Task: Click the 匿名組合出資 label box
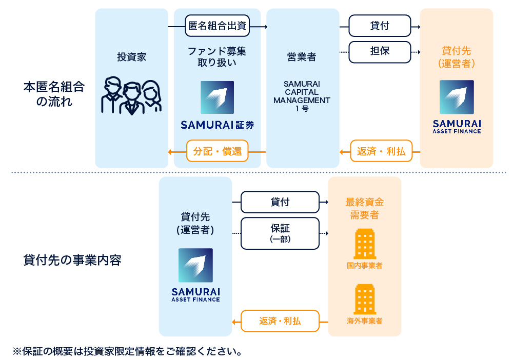[218, 26]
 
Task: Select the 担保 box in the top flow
[380, 52]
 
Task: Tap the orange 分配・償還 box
[218, 151]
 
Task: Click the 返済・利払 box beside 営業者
[381, 151]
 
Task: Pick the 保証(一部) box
[280, 233]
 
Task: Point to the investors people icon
[131, 95]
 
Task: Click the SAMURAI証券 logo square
[217, 97]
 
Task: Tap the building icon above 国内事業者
[365, 244]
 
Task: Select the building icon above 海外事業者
[365, 299]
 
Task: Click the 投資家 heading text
[131, 57]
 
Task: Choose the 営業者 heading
[302, 57]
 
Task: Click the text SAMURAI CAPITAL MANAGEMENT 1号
[302, 96]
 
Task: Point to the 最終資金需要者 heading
[364, 209]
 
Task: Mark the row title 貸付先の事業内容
[72, 260]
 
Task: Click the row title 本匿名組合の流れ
[54, 93]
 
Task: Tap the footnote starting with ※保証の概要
[127, 351]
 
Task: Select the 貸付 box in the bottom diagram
[280, 202]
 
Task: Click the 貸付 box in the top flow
[380, 26]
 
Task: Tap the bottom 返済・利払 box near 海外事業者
[280, 322]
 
